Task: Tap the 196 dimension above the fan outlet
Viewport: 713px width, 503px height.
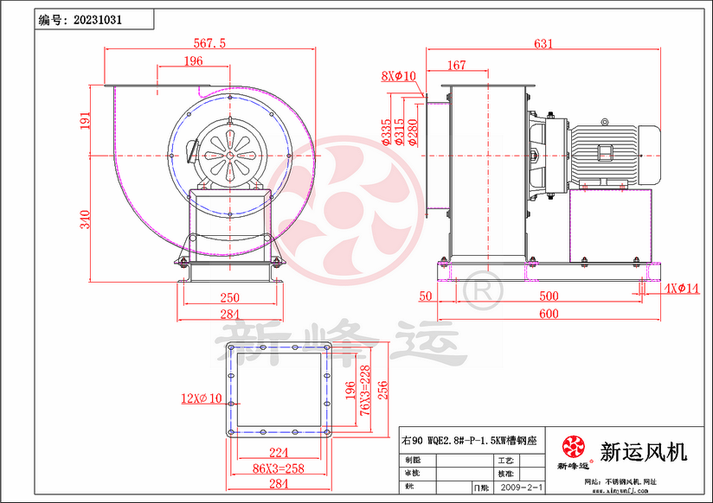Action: pyautogui.click(x=193, y=60)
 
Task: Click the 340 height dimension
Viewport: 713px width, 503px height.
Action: pyautogui.click(x=86, y=219)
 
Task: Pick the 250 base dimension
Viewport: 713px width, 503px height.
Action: pyautogui.click(x=229, y=297)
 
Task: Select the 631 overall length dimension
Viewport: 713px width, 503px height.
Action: pyautogui.click(x=543, y=43)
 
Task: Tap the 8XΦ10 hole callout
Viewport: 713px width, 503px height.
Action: pyautogui.click(x=399, y=76)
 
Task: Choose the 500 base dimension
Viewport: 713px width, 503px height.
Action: pyautogui.click(x=549, y=296)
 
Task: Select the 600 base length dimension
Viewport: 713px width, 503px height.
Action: pyautogui.click(x=549, y=313)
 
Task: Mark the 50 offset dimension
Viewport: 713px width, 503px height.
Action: pyautogui.click(x=425, y=296)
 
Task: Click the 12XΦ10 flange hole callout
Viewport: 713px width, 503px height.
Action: pyautogui.click(x=201, y=398)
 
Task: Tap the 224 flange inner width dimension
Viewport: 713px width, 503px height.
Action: pyautogui.click(x=279, y=450)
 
